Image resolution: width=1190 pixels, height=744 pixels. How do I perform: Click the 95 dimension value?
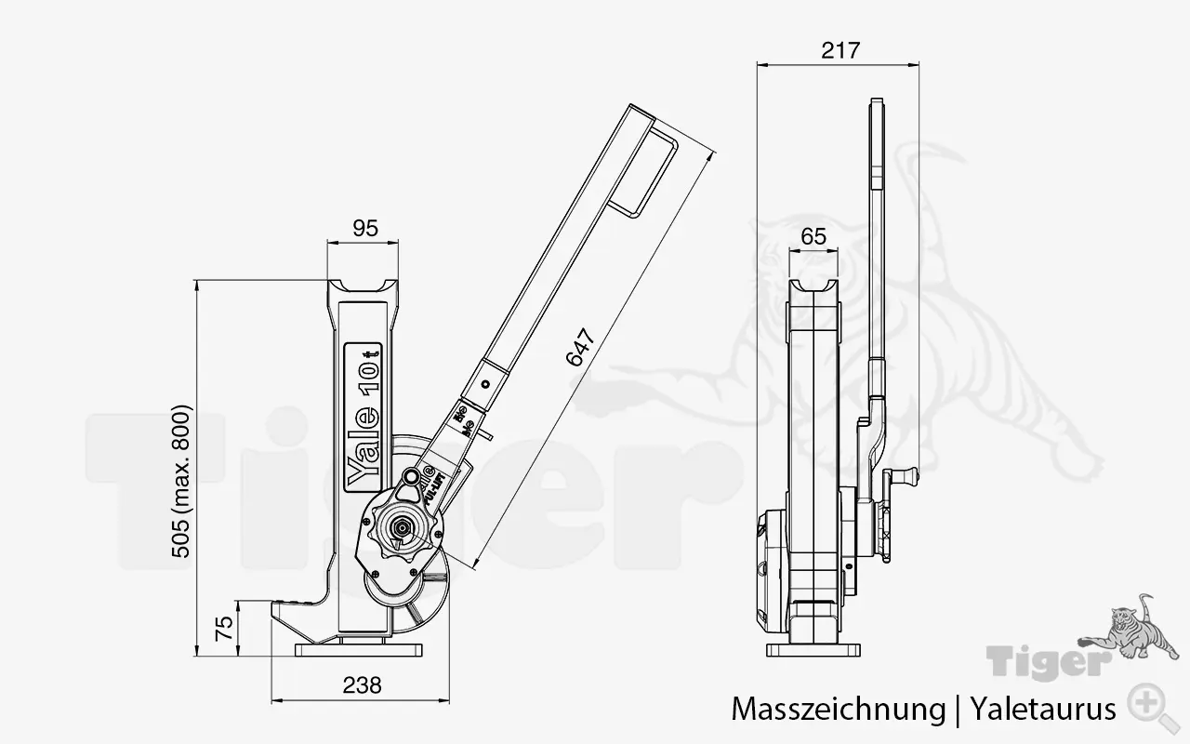coord(366,229)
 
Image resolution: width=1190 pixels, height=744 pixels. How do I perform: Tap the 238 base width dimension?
coord(362,685)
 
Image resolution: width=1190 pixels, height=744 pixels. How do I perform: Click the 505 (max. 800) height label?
coord(181,481)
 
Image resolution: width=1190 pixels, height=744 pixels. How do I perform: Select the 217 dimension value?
coord(840,50)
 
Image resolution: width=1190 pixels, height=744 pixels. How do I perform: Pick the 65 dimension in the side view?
coord(813,236)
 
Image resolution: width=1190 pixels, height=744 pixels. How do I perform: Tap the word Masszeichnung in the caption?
coord(837,710)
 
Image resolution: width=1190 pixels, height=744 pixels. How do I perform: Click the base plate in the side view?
coord(814,650)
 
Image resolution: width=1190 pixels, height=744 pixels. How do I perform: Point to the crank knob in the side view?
coord(905,476)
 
